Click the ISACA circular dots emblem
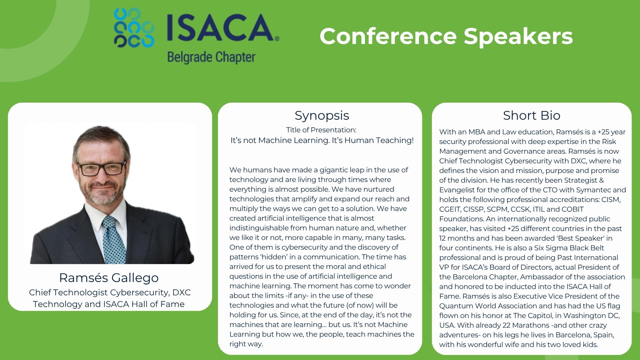pos(134,28)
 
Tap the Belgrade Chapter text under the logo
pos(211,57)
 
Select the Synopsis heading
pos(322,116)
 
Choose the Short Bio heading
pos(532,115)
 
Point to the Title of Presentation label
pos(321,130)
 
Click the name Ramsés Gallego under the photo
pos(109,278)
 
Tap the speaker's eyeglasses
pos(102,167)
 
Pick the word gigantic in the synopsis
pos(334,170)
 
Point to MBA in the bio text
pos(476,132)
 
